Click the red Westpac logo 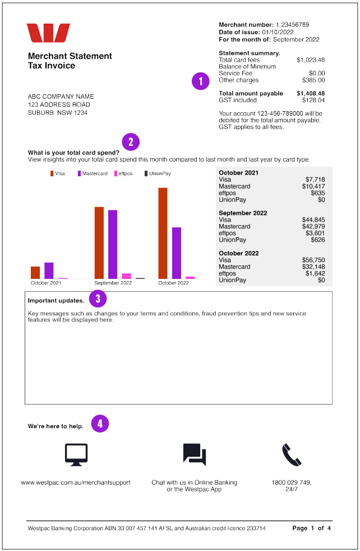click(x=48, y=33)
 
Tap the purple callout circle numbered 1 click(x=200, y=81)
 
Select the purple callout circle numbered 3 click(x=98, y=299)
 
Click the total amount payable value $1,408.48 click(x=311, y=94)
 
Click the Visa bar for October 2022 click(x=163, y=233)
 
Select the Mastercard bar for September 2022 click(x=113, y=244)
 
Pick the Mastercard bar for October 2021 click(x=49, y=270)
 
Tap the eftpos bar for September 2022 click(x=126, y=276)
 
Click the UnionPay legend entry click(x=157, y=173)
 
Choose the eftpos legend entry click(x=124, y=173)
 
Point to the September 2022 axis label click(x=113, y=283)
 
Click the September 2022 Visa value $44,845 click(x=313, y=220)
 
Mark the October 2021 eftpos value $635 click(x=317, y=193)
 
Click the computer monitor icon click(x=76, y=454)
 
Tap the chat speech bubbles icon click(x=195, y=454)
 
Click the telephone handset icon click(x=292, y=454)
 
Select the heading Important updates click(x=56, y=301)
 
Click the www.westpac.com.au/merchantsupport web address click(x=76, y=483)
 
